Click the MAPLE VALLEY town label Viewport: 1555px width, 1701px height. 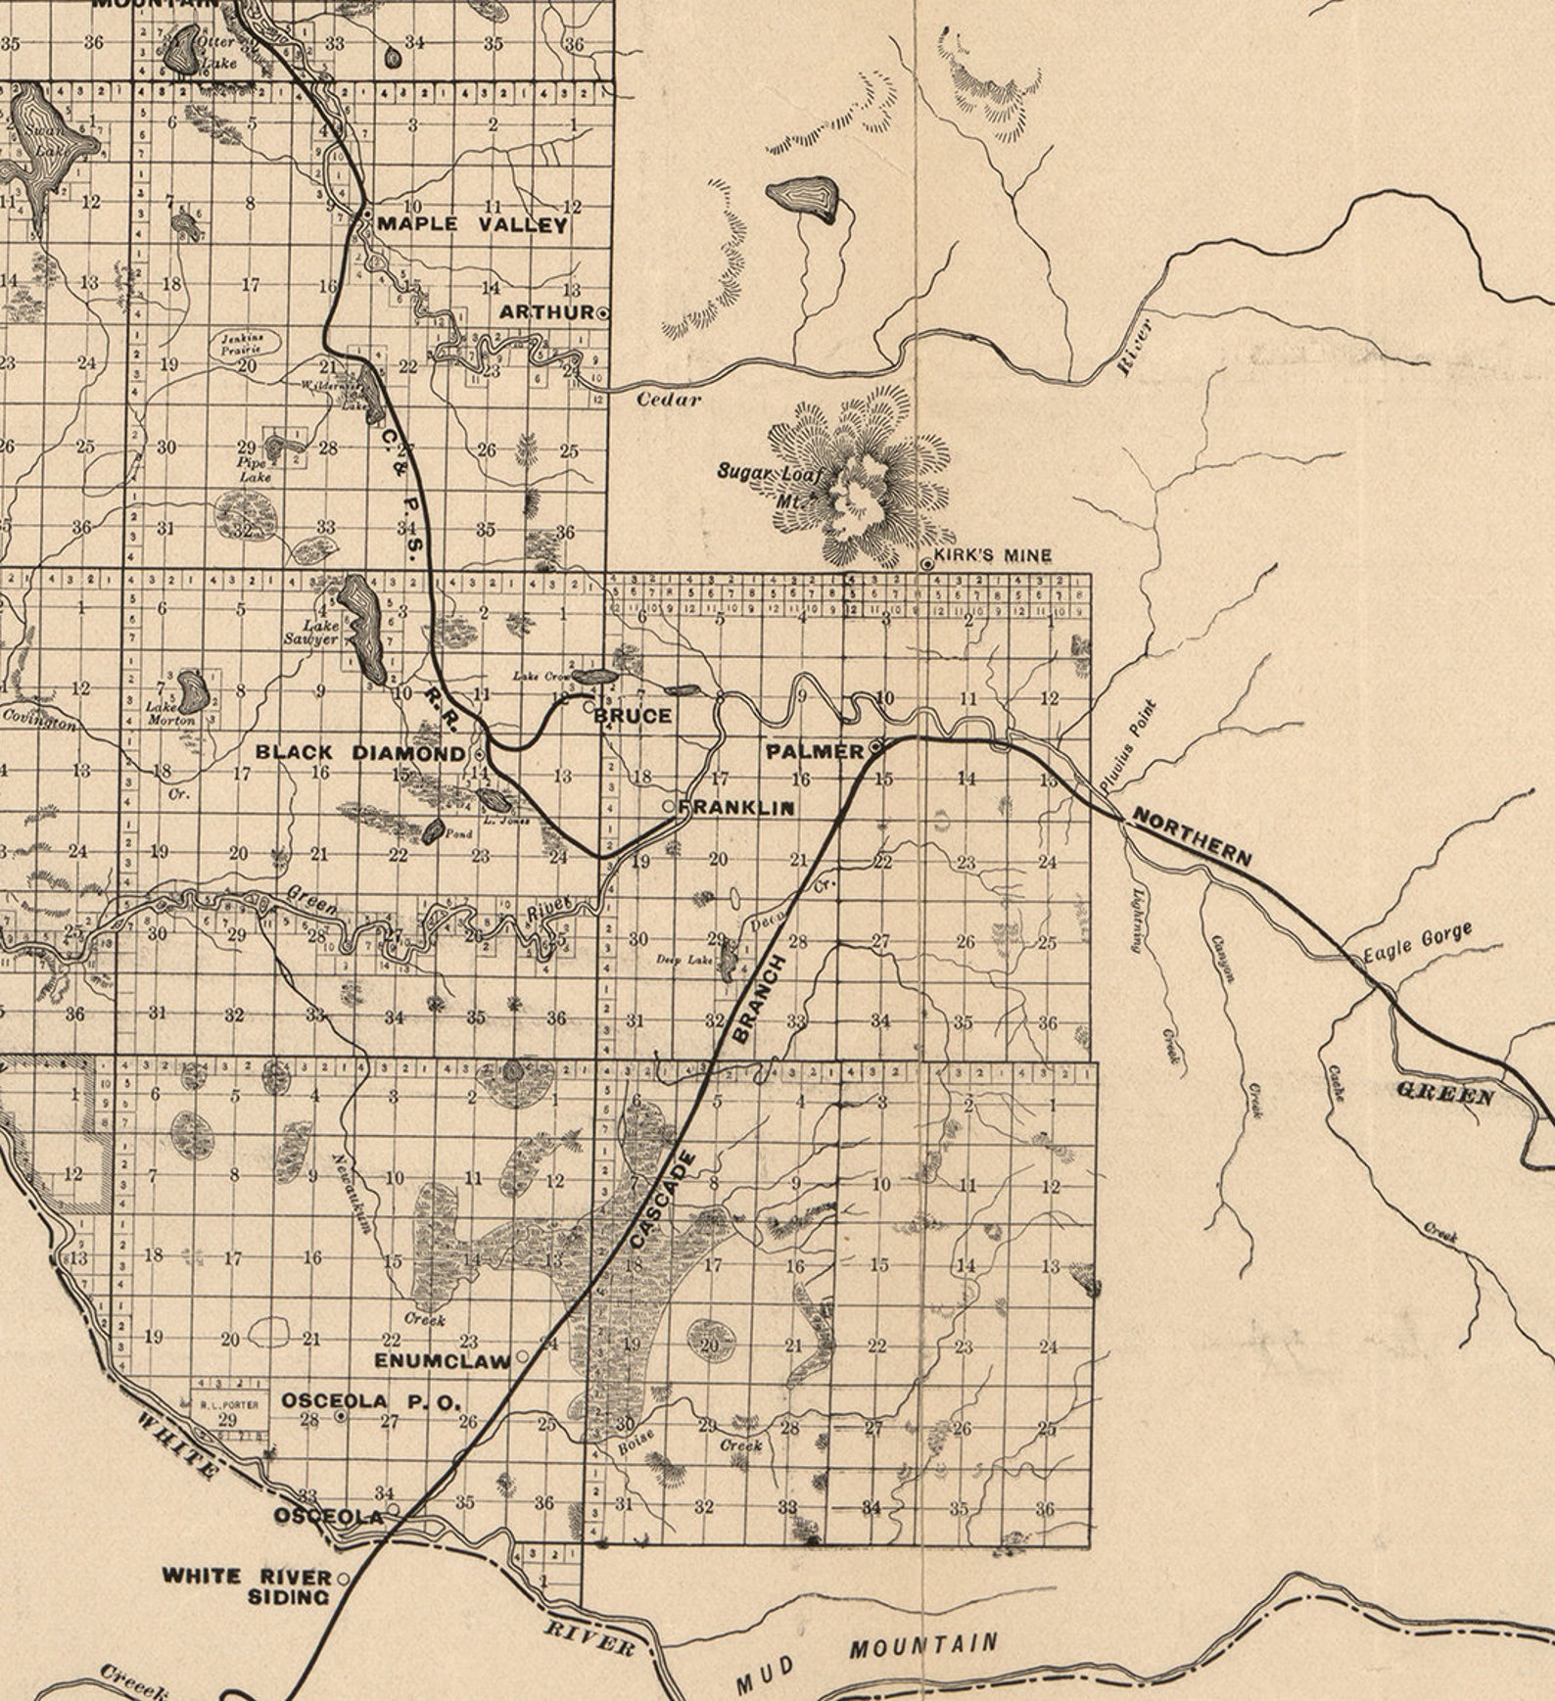click(x=472, y=224)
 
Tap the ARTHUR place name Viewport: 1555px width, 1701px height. click(x=546, y=312)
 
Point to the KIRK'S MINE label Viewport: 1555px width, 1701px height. click(x=992, y=555)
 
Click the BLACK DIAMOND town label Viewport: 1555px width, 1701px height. click(x=359, y=753)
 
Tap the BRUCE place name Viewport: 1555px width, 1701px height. click(x=634, y=716)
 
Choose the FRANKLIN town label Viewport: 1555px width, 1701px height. click(x=735, y=808)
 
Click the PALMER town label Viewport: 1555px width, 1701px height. click(x=815, y=751)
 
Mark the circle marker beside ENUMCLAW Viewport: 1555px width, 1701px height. click(x=522, y=1356)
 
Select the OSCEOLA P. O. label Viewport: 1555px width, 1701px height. click(x=370, y=1401)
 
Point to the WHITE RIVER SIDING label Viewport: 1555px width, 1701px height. click(x=247, y=1585)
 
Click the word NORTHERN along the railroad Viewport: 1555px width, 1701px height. click(x=1192, y=837)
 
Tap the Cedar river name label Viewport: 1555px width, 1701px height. click(x=669, y=399)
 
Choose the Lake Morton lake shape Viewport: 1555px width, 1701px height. click(x=192, y=691)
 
